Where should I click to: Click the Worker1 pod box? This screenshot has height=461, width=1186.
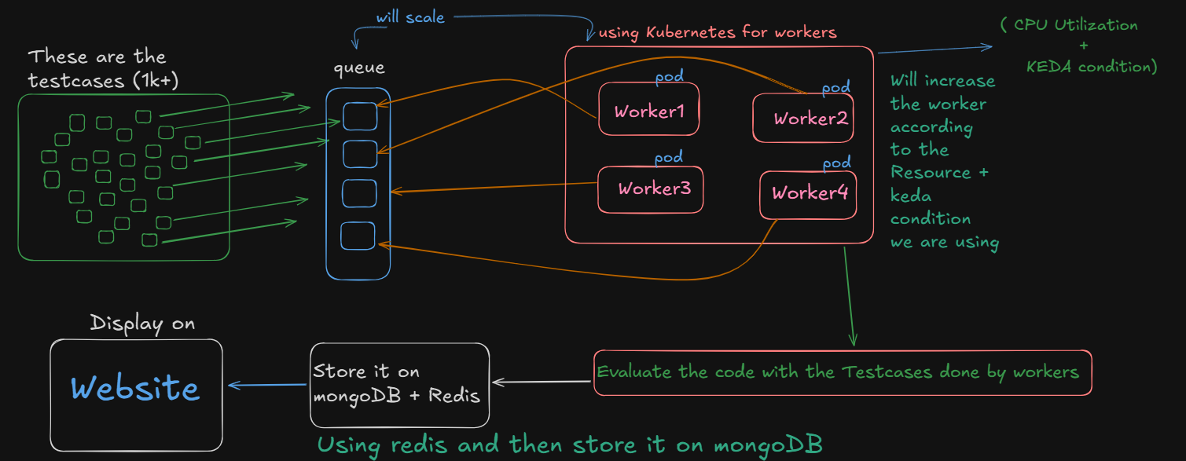648,110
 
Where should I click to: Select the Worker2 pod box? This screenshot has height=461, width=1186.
803,119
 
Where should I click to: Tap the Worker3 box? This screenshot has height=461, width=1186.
650,189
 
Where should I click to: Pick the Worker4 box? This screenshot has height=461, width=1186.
808,194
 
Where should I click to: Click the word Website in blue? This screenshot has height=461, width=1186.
135,388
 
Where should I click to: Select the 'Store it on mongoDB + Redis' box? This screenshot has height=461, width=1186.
399,384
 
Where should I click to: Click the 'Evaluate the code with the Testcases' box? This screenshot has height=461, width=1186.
842,372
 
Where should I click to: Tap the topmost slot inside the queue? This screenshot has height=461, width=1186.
360,116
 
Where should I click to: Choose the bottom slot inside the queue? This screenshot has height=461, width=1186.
358,236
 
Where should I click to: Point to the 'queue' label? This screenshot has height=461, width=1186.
359,68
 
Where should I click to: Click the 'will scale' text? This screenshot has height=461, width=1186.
410,16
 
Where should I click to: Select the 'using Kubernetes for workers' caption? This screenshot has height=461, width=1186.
718,33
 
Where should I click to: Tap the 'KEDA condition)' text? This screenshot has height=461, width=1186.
1092,67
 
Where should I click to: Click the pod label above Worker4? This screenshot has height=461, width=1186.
836,163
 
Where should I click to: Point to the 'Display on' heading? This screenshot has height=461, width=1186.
142,324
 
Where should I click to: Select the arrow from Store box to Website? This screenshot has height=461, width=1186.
267,385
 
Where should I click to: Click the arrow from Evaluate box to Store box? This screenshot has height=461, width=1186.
542,382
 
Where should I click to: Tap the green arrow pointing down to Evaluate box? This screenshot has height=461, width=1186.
849,298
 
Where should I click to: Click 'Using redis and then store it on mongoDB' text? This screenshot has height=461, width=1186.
570,445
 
